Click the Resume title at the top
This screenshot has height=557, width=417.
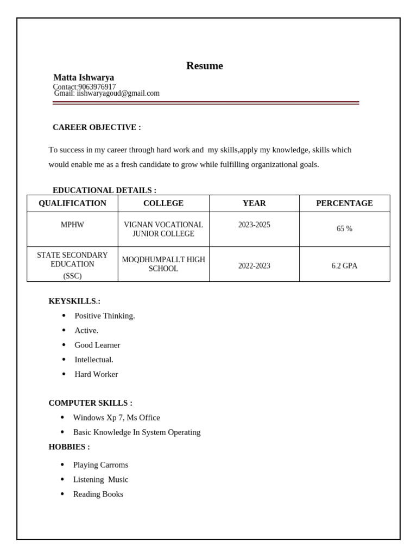coord(204,66)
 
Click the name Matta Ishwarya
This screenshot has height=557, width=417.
coord(84,78)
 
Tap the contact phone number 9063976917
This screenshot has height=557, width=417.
coord(97,87)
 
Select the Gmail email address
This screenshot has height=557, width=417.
coord(118,94)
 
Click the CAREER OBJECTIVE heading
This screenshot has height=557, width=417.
coord(97,127)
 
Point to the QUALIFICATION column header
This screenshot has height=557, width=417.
coord(72,203)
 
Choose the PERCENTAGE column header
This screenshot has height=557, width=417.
coord(344,203)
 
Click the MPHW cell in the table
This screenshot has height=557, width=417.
coord(72,225)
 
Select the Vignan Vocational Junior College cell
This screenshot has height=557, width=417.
coord(163,229)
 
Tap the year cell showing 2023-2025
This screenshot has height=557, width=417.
coord(254,225)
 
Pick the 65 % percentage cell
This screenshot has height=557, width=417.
coord(344,229)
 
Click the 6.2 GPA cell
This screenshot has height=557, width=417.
coord(344,266)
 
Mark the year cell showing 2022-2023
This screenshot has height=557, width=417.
coord(254,266)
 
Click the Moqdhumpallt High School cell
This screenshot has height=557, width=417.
coord(163,264)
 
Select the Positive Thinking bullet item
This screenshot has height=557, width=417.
coord(105,316)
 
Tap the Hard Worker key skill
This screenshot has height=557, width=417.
coord(96,374)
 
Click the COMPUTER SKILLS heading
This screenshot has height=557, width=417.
coord(90,403)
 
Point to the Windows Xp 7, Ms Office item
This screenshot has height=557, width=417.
coord(116,418)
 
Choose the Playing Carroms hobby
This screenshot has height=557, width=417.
coord(100,465)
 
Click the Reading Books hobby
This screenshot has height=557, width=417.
coord(98,494)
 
